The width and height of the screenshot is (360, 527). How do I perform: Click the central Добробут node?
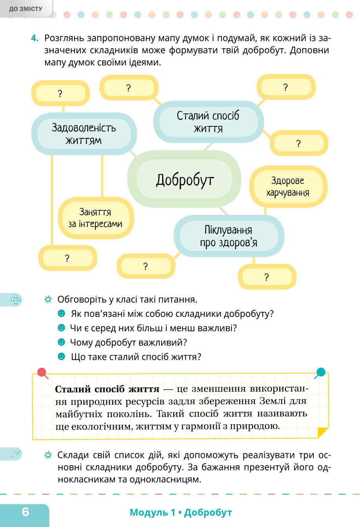click(184, 179)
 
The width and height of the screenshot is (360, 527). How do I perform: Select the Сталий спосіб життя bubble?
click(208, 122)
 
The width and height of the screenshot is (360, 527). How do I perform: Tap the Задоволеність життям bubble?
click(84, 134)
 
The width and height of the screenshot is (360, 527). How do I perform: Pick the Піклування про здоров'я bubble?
click(229, 236)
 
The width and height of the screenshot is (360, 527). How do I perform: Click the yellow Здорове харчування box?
click(288, 186)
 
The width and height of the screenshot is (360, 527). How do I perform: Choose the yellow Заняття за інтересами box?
click(96, 218)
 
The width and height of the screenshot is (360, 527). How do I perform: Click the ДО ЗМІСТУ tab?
click(26, 9)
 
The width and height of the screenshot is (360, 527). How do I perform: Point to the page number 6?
click(25, 511)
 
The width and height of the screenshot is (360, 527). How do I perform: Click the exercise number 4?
click(35, 38)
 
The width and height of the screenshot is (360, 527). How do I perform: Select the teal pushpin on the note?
click(320, 373)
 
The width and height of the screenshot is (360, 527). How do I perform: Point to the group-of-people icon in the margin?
click(16, 300)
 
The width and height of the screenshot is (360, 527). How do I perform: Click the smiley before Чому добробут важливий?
click(61, 342)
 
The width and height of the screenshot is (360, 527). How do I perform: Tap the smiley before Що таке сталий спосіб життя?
click(61, 356)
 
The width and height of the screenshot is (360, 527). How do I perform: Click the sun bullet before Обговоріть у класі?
click(48, 299)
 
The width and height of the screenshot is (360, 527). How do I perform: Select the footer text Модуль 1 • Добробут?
click(181, 512)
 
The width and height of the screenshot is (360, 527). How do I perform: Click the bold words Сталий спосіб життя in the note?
click(107, 389)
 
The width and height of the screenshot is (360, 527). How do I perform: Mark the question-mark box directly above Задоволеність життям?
click(60, 93)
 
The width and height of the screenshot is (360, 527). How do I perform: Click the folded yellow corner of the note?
click(323, 432)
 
